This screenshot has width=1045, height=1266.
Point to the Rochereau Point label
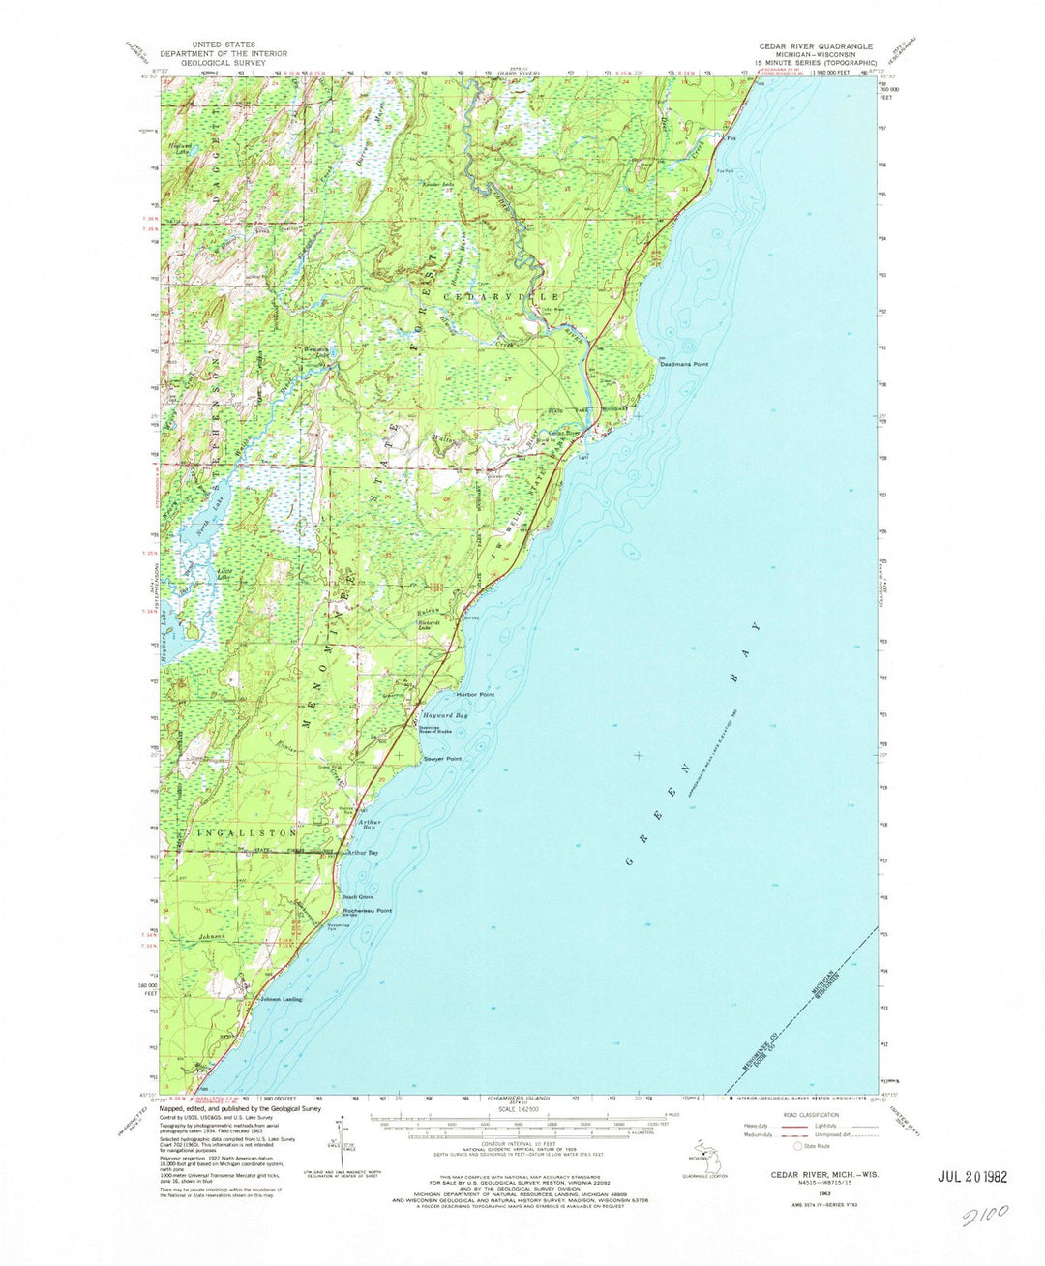pyautogui.click(x=368, y=911)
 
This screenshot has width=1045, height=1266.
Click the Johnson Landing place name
pyautogui.click(x=281, y=999)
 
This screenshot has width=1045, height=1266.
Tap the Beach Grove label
pyautogui.click(x=358, y=897)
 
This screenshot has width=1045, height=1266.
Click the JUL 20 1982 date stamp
pyautogui.click(x=972, y=1177)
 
